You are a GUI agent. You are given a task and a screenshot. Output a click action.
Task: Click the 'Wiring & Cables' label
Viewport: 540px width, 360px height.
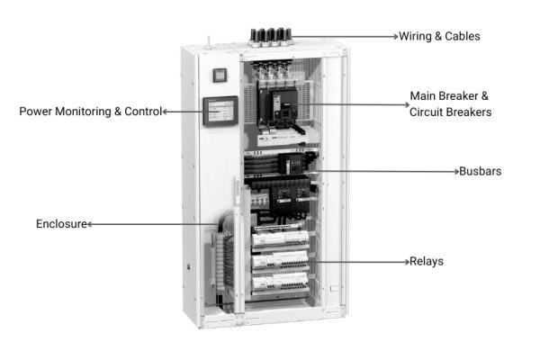click(x=441, y=37)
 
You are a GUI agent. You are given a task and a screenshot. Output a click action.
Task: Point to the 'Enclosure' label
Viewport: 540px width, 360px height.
click(x=61, y=223)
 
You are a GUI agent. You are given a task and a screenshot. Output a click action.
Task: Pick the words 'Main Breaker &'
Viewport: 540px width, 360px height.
click(x=450, y=95)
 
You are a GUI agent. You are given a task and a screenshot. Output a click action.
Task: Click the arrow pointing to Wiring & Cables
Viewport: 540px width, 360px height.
click(x=346, y=37)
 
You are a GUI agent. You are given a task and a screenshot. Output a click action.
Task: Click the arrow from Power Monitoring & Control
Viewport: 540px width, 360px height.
click(x=184, y=112)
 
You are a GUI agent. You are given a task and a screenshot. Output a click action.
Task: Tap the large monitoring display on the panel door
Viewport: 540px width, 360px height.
click(x=220, y=112)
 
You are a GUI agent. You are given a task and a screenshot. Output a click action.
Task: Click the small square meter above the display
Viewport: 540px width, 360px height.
click(x=219, y=76)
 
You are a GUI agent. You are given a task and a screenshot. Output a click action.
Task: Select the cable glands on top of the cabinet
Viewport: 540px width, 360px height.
click(x=270, y=36)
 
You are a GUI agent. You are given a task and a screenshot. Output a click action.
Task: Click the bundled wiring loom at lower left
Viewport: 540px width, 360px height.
click(x=225, y=256)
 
